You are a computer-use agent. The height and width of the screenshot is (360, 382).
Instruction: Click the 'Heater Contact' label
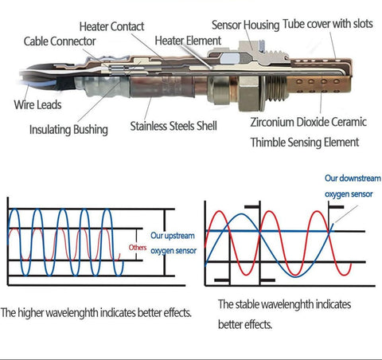pyautogui.click(x=111, y=26)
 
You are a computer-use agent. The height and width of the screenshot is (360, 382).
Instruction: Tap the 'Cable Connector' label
pyautogui.click(x=60, y=41)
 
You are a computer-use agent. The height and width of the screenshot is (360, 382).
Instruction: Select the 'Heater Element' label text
pyautogui.click(x=188, y=41)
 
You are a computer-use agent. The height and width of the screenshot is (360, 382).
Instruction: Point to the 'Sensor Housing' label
pyautogui.click(x=245, y=25)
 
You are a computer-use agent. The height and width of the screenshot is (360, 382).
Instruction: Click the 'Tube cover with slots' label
pyautogui.click(x=328, y=24)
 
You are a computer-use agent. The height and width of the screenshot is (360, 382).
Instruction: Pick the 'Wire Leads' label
pyautogui.click(x=37, y=104)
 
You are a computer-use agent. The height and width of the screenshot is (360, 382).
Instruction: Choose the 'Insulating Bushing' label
pyautogui.click(x=68, y=130)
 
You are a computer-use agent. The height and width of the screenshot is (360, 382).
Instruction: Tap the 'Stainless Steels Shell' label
pyautogui.click(x=173, y=126)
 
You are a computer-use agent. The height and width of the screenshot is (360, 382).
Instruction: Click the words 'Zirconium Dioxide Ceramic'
pyautogui.click(x=309, y=122)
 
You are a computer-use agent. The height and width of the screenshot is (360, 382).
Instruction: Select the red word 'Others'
pyautogui.click(x=138, y=248)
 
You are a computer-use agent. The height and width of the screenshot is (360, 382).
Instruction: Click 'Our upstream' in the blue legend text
pyautogui.click(x=173, y=236)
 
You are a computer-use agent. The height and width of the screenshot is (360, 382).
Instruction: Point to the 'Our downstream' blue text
pyautogui.click(x=353, y=178)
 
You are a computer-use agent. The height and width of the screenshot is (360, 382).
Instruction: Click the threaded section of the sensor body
pyautogui.click(x=276, y=88)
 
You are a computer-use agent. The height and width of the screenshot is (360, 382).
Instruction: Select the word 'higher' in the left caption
pyautogui.click(x=30, y=312)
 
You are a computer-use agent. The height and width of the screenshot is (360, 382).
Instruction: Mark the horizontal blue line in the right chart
pyautogui.click(x=268, y=231)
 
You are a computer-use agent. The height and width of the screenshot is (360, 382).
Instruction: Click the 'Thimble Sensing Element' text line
pyautogui.click(x=305, y=143)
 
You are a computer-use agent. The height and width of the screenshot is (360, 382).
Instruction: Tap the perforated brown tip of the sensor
pyautogui.click(x=319, y=84)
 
